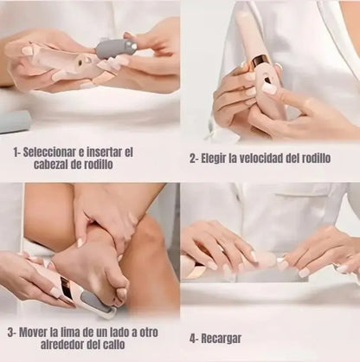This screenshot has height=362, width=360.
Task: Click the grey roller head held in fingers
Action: pyautogui.click(x=113, y=47)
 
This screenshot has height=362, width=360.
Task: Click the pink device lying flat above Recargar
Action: pyautogui.click(x=225, y=265)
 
